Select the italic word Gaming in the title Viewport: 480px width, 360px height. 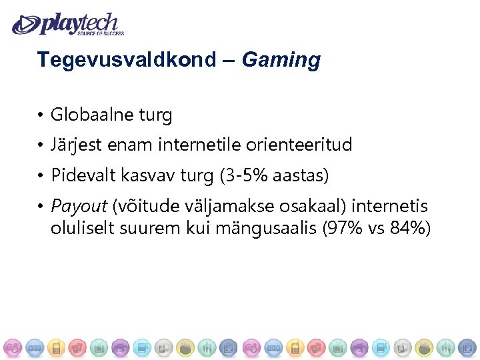coord(281,61)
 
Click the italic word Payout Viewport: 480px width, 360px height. coord(79,206)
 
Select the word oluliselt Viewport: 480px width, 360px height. coord(82,228)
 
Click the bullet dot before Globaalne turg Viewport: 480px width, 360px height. coord(41,116)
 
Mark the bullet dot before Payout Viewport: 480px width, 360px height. coord(41,207)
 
